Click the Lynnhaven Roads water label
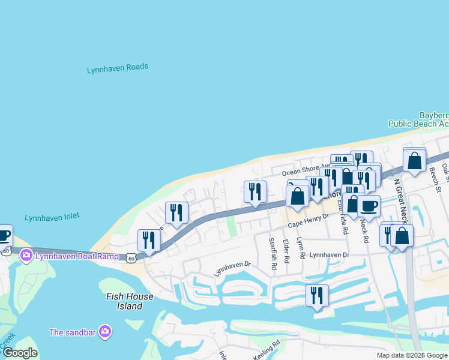(118, 68)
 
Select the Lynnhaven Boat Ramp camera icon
(26, 256)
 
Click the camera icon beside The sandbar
(106, 331)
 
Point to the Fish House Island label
(125, 301)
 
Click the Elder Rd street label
(286, 251)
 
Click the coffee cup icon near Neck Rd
(369, 206)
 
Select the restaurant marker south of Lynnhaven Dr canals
(317, 295)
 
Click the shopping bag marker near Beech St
(414, 161)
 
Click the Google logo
(20, 352)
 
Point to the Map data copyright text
(412, 355)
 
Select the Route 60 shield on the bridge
(131, 257)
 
